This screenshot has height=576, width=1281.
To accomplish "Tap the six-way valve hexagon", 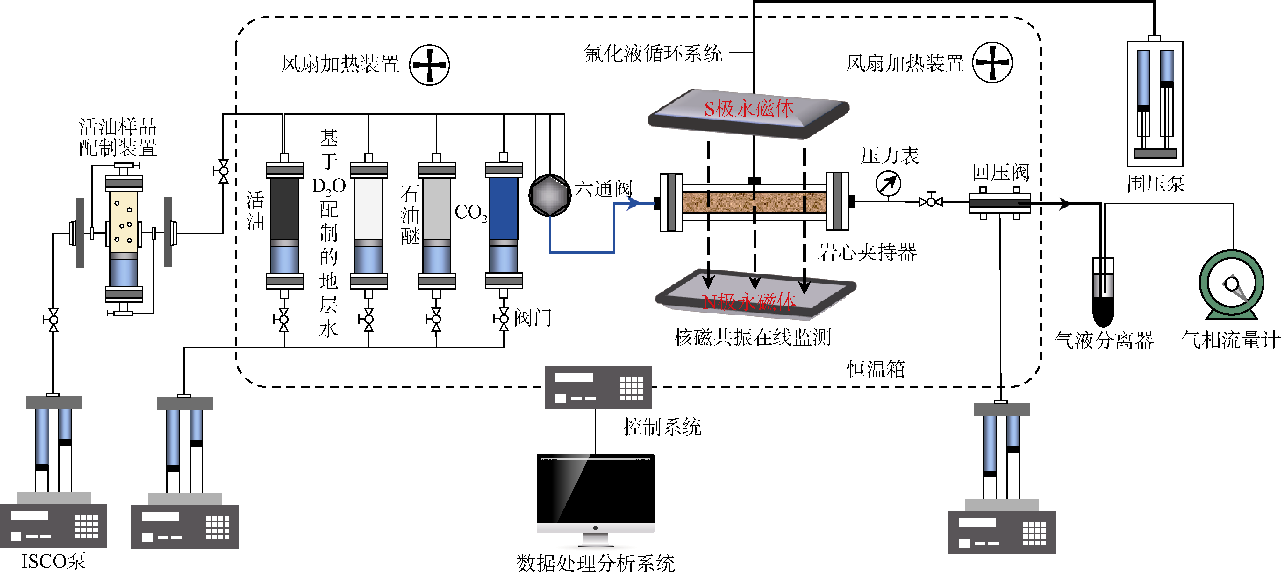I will tap(549, 195).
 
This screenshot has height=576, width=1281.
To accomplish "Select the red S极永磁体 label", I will tap(749, 108).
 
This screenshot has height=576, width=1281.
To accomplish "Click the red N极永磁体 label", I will tap(749, 301).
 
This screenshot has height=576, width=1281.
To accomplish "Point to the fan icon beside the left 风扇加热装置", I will tap(429, 65).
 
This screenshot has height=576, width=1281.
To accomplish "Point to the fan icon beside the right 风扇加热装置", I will tap(992, 63).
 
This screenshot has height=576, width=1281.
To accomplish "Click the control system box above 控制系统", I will tap(598, 387).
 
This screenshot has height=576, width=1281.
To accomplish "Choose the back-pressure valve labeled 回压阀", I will tap(999, 203).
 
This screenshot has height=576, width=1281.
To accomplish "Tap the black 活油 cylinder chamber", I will tap(284, 209).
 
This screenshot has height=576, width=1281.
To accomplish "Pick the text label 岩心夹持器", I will tap(867, 252).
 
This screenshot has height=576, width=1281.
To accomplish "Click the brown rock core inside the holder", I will tap(755, 202).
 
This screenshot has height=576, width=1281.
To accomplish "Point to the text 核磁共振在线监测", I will tap(752, 337).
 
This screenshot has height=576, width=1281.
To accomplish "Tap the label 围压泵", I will tap(1156, 184).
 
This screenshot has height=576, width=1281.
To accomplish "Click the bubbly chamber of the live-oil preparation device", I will tap(123, 222).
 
